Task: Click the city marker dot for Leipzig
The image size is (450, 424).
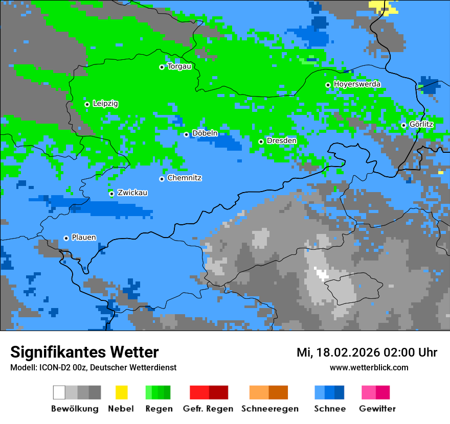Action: click(87, 104)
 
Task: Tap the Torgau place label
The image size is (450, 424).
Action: click(179, 66)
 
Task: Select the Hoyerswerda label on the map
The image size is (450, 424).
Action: click(357, 84)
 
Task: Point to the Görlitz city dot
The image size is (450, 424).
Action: click(403, 125)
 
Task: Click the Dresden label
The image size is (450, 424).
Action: click(281, 141)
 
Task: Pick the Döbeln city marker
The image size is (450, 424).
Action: click(186, 134)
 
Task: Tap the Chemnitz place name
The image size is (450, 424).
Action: click(184, 178)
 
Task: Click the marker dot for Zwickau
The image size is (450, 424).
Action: click(111, 194)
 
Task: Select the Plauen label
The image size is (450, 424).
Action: click(83, 238)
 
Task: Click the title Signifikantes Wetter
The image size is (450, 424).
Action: click(84, 352)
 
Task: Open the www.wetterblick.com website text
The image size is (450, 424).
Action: click(369, 368)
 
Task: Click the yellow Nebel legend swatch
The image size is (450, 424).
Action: click(121, 392)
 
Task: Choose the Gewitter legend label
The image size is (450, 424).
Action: click(377, 409)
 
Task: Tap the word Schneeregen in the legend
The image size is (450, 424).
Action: click(270, 409)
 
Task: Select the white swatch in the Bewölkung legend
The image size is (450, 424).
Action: click(59, 392)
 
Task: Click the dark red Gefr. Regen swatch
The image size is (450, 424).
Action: click(218, 392)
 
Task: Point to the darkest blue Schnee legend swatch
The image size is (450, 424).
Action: click(340, 392)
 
